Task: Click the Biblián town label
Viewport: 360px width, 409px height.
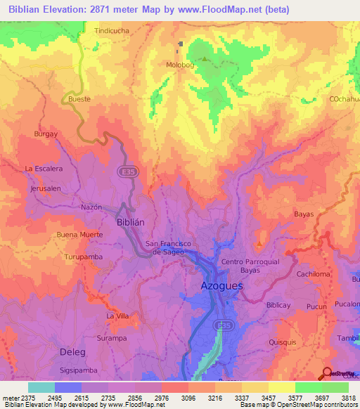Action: (x=129, y=221)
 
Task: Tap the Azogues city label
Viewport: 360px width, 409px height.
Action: (x=221, y=286)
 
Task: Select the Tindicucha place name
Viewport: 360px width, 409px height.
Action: (x=111, y=31)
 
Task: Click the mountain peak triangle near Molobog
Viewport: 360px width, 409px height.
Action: (x=205, y=58)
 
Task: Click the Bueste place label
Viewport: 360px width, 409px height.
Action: (x=79, y=100)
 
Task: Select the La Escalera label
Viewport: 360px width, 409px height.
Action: (x=44, y=169)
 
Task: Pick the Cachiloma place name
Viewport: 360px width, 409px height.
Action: (x=314, y=274)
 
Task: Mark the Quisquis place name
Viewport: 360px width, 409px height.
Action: (x=284, y=342)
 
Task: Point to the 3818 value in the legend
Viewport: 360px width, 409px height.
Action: (x=349, y=397)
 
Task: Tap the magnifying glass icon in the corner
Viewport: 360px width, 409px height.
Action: (x=327, y=373)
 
